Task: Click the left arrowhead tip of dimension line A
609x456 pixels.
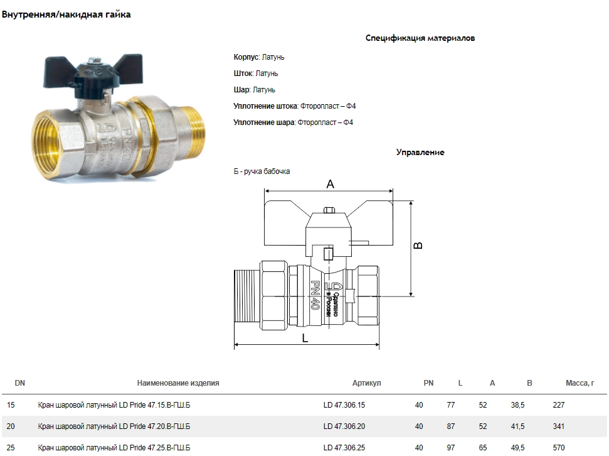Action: click(265, 191)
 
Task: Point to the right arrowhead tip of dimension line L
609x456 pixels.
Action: click(379, 344)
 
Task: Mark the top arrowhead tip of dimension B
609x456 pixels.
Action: click(411, 201)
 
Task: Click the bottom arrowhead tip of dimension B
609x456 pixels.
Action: click(411, 296)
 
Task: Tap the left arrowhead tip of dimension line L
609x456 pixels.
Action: click(234, 344)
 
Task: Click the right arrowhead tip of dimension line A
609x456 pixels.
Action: click(393, 191)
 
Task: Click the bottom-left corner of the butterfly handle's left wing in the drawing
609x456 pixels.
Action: click(265, 246)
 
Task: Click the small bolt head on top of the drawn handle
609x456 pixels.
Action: click(329, 210)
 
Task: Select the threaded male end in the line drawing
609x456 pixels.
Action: click(247, 296)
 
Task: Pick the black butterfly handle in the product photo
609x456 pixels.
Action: click(90, 73)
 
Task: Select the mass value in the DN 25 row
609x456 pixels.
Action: click(558, 448)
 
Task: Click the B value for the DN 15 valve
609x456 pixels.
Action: click(517, 405)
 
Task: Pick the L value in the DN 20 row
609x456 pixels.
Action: click(450, 426)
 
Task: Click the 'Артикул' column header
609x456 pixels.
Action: click(366, 383)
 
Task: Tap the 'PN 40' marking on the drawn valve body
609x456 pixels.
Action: click(315, 295)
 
